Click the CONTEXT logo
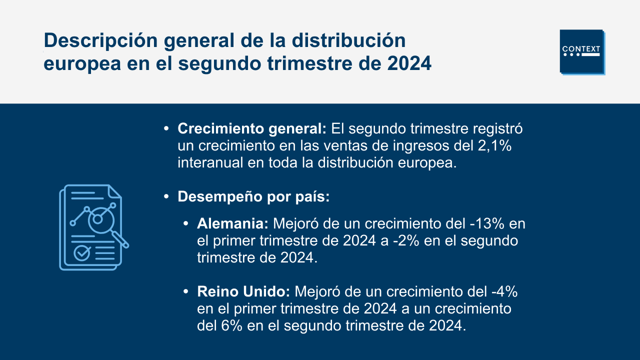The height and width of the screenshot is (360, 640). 582,52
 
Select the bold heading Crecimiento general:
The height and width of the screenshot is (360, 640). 251,129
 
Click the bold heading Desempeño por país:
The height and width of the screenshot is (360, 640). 253,197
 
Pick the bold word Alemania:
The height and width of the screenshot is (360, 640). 232,223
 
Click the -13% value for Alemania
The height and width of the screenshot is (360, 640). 487,223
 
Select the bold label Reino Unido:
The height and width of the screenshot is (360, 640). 243,291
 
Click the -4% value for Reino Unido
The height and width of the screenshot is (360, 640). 504,291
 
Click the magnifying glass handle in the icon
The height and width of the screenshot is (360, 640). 120,239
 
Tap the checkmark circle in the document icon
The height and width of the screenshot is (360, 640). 82,253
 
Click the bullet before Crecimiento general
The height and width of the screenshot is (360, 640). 166,129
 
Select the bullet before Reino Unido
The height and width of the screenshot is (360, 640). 185,291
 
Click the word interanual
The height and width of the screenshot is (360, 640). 210,163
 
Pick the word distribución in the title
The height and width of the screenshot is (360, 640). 348,40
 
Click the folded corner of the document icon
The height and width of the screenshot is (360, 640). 115,191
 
